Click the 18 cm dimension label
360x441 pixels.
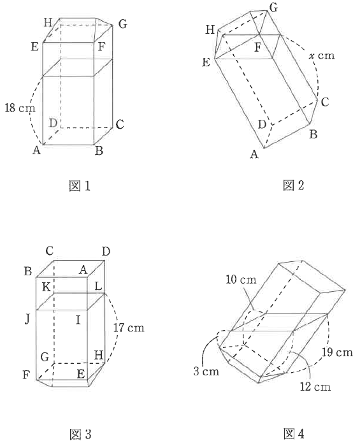pos(20,108)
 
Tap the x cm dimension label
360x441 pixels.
pos(322,55)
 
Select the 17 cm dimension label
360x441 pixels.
pos(129,328)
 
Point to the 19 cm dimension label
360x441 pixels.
pos(337,352)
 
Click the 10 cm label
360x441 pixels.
pos(241,280)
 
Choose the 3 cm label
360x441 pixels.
pos(206,372)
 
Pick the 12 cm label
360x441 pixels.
pos(315,387)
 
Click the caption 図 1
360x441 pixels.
pos(80,186)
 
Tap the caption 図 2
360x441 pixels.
pos(294,185)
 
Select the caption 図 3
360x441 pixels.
pos(80,434)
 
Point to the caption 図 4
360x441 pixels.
pos(294,434)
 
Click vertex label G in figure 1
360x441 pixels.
pos(122,24)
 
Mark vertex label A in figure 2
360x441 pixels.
pos(254,154)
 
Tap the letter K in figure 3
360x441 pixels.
pos(46,287)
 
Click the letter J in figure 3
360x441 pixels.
pos(27,319)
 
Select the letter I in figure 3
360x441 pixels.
pos(78,320)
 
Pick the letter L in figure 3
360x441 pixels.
pos(98,287)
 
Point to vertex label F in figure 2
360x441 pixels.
pos(257,48)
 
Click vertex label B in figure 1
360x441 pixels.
pos(99,151)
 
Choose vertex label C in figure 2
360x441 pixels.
pos(325,102)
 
